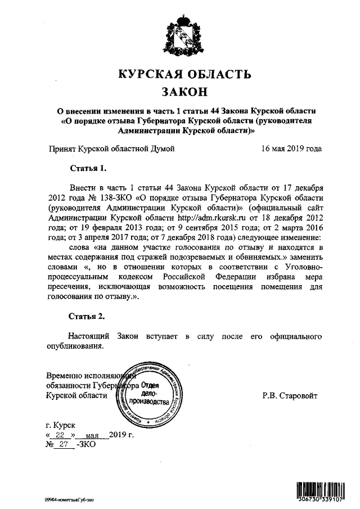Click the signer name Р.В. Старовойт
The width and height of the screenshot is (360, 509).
coord(290,396)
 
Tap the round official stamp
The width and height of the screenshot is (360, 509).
coord(148,396)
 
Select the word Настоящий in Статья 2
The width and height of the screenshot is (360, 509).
coord(89,336)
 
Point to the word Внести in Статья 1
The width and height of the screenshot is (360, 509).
coord(82,187)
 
